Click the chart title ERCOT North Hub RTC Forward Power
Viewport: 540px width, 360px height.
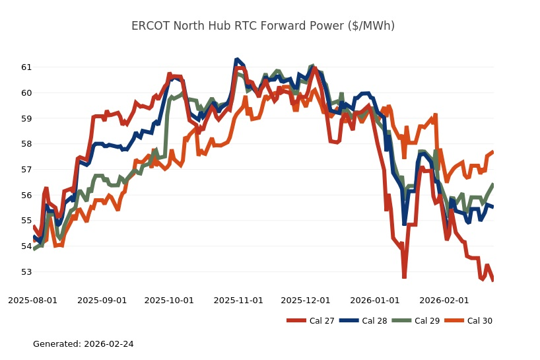pos(263,26)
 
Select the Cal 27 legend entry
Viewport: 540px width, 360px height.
pos(311,321)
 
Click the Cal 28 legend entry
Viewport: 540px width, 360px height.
pos(364,321)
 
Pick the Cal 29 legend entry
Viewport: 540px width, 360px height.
pos(415,321)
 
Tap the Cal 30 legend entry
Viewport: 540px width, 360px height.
pos(468,321)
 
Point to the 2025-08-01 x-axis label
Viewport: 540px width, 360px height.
pos(32,300)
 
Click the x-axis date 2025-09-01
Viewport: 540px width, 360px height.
pos(102,300)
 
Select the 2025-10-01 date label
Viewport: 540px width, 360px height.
pos(169,300)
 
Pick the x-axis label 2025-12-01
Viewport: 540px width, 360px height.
pos(305,300)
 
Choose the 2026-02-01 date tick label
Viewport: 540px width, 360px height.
pos(444,300)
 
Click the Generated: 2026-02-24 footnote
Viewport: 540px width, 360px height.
pos(83,344)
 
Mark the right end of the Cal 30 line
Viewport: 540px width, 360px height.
pos(492,152)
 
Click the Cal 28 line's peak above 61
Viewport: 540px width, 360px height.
pos(237,60)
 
